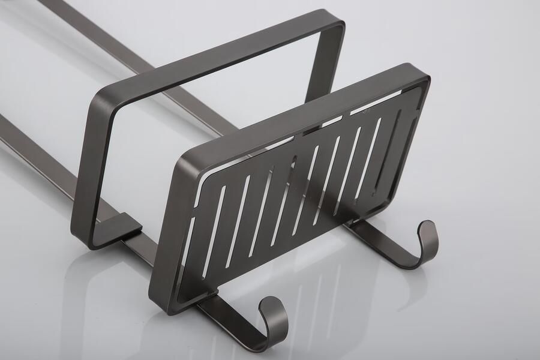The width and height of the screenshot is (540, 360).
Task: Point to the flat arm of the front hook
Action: coord(231,312)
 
